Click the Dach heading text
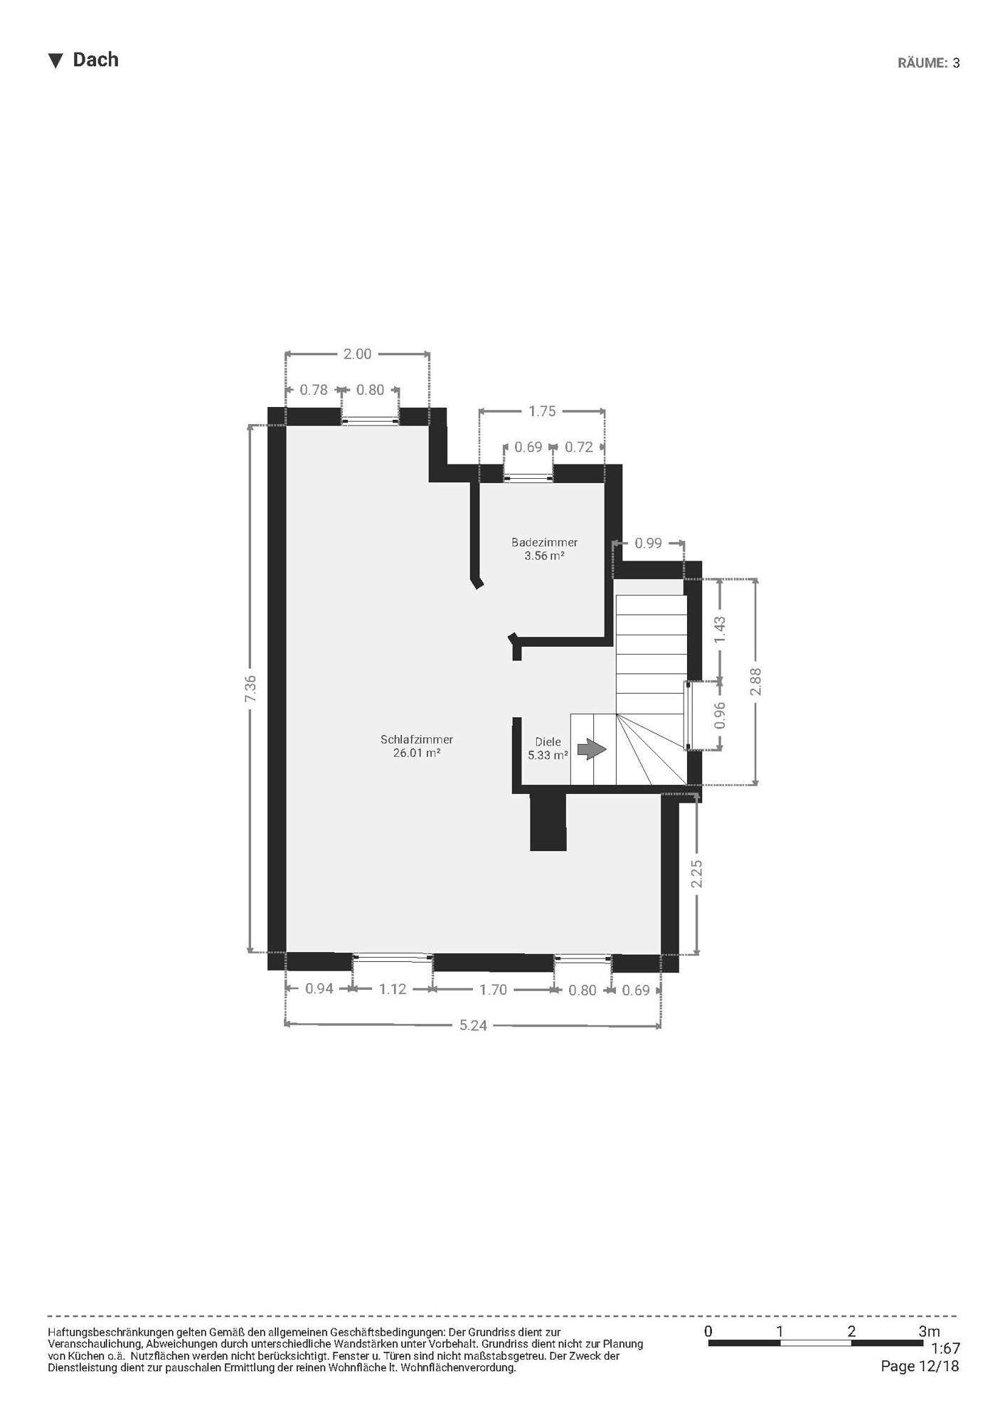[x=95, y=60]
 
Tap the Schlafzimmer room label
[x=417, y=740]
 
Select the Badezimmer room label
[x=545, y=543]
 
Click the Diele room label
[x=548, y=742]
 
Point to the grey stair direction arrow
[x=592, y=749]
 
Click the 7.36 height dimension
[x=250, y=689]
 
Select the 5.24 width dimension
[x=473, y=1025]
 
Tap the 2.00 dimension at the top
[x=357, y=354]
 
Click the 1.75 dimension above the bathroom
[x=542, y=411]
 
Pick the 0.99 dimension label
[x=649, y=544]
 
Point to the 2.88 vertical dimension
[x=756, y=682]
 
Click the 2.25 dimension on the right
[x=697, y=874]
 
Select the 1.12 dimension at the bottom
[x=393, y=989]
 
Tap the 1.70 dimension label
[x=493, y=989]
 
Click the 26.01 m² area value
[x=417, y=753]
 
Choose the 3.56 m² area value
[x=545, y=556]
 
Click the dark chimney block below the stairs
[x=548, y=822]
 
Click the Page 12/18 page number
[x=920, y=1366]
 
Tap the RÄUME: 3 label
[x=929, y=63]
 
